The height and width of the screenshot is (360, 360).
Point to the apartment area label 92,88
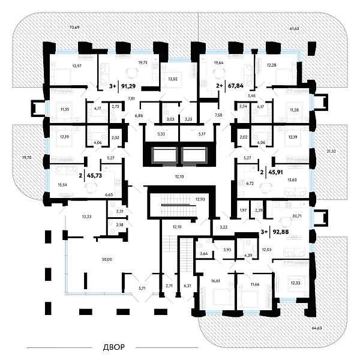coord(280,231)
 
